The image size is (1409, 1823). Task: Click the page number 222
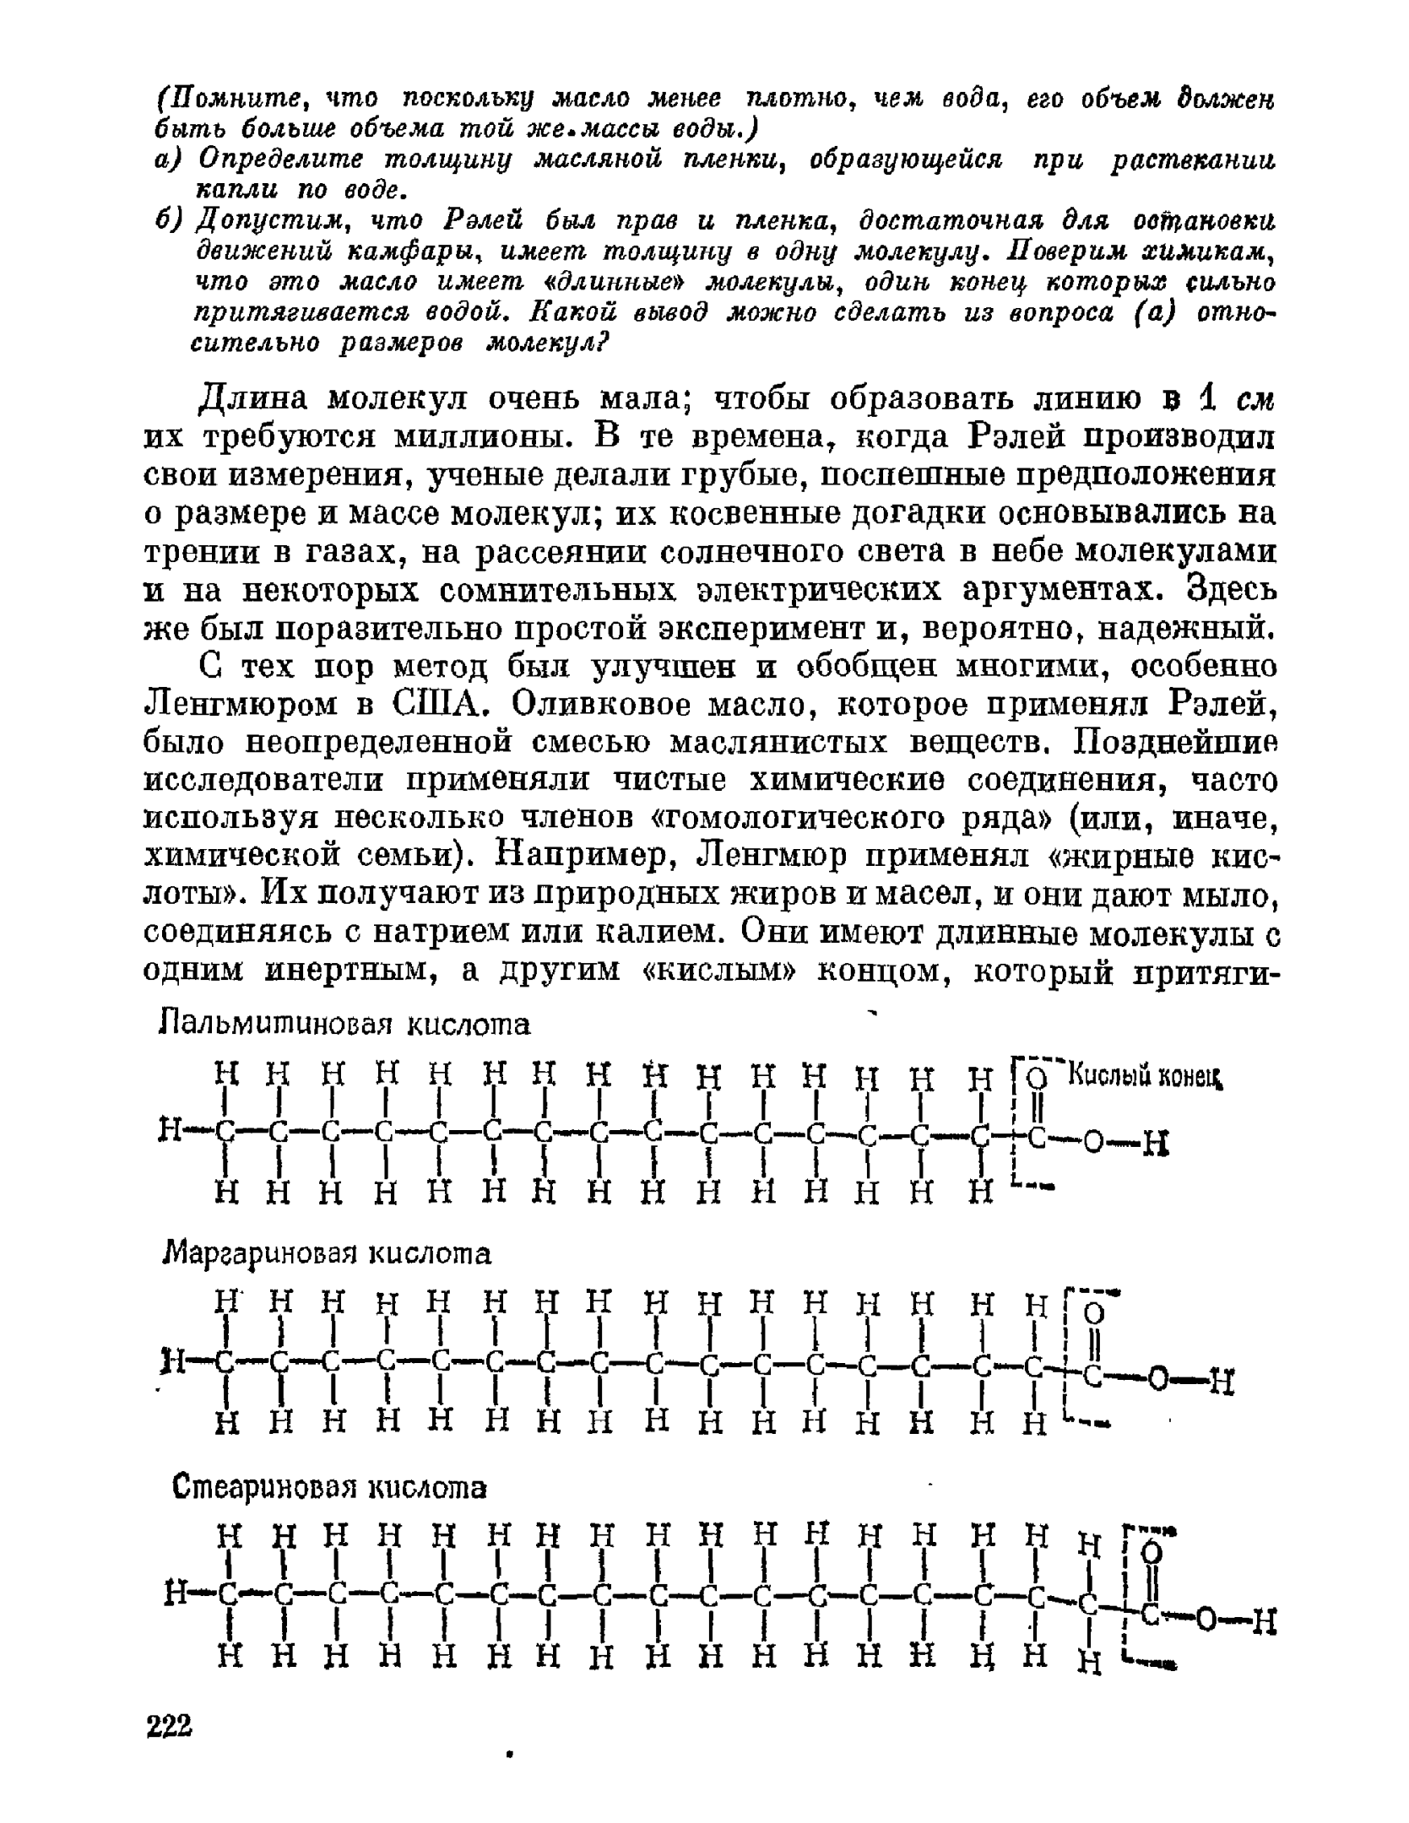[x=170, y=1725]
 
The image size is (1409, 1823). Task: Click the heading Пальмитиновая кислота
[x=345, y=1025]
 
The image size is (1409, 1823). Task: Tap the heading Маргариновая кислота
[x=326, y=1253]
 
